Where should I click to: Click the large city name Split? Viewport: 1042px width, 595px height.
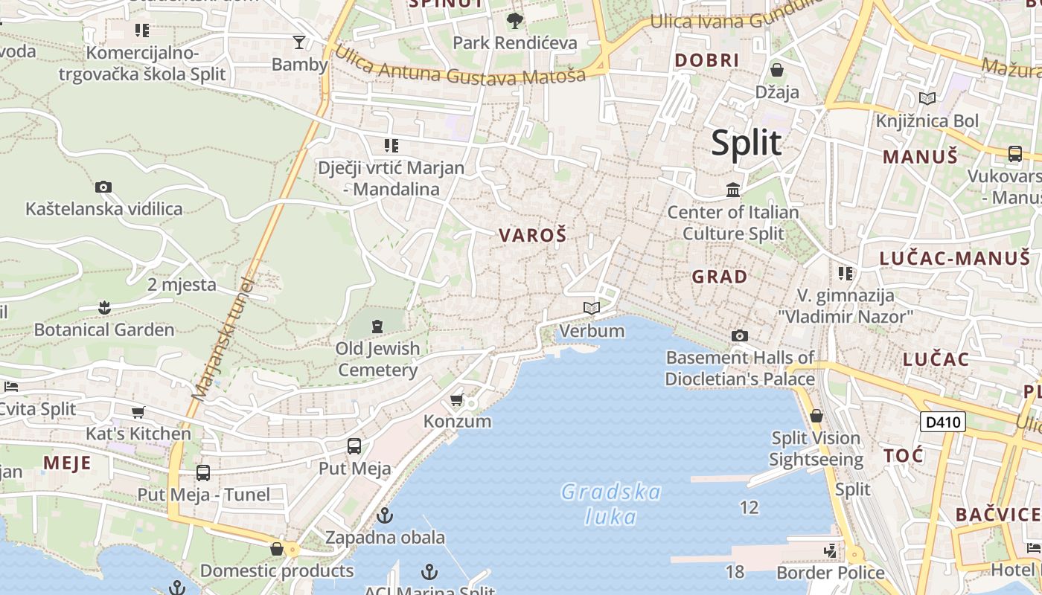point(746,143)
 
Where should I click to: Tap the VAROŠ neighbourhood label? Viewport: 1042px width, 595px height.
point(532,236)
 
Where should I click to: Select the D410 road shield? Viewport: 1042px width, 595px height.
point(942,422)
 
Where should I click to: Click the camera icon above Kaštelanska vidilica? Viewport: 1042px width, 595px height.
point(103,187)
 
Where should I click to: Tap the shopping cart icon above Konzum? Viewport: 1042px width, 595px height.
point(457,400)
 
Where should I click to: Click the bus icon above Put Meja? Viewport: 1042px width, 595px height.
point(354,446)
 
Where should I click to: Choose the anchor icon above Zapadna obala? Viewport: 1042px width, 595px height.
point(385,515)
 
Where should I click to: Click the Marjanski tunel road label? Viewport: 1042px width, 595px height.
point(223,338)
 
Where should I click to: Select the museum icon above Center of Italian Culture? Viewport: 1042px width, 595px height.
point(733,190)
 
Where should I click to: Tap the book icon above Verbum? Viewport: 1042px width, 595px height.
point(592,308)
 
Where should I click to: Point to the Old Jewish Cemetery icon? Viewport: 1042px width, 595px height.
point(377,326)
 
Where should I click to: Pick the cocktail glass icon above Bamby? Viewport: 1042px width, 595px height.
point(299,42)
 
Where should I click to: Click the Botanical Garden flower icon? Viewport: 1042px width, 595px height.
point(104,307)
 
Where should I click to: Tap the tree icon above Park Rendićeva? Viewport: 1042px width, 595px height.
point(514,20)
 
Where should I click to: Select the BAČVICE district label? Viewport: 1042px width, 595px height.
point(997,514)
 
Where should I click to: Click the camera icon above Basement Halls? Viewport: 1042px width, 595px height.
point(739,335)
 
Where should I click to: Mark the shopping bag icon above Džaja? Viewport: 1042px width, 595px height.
point(777,70)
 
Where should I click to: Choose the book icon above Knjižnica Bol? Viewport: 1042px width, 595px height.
point(927,98)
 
